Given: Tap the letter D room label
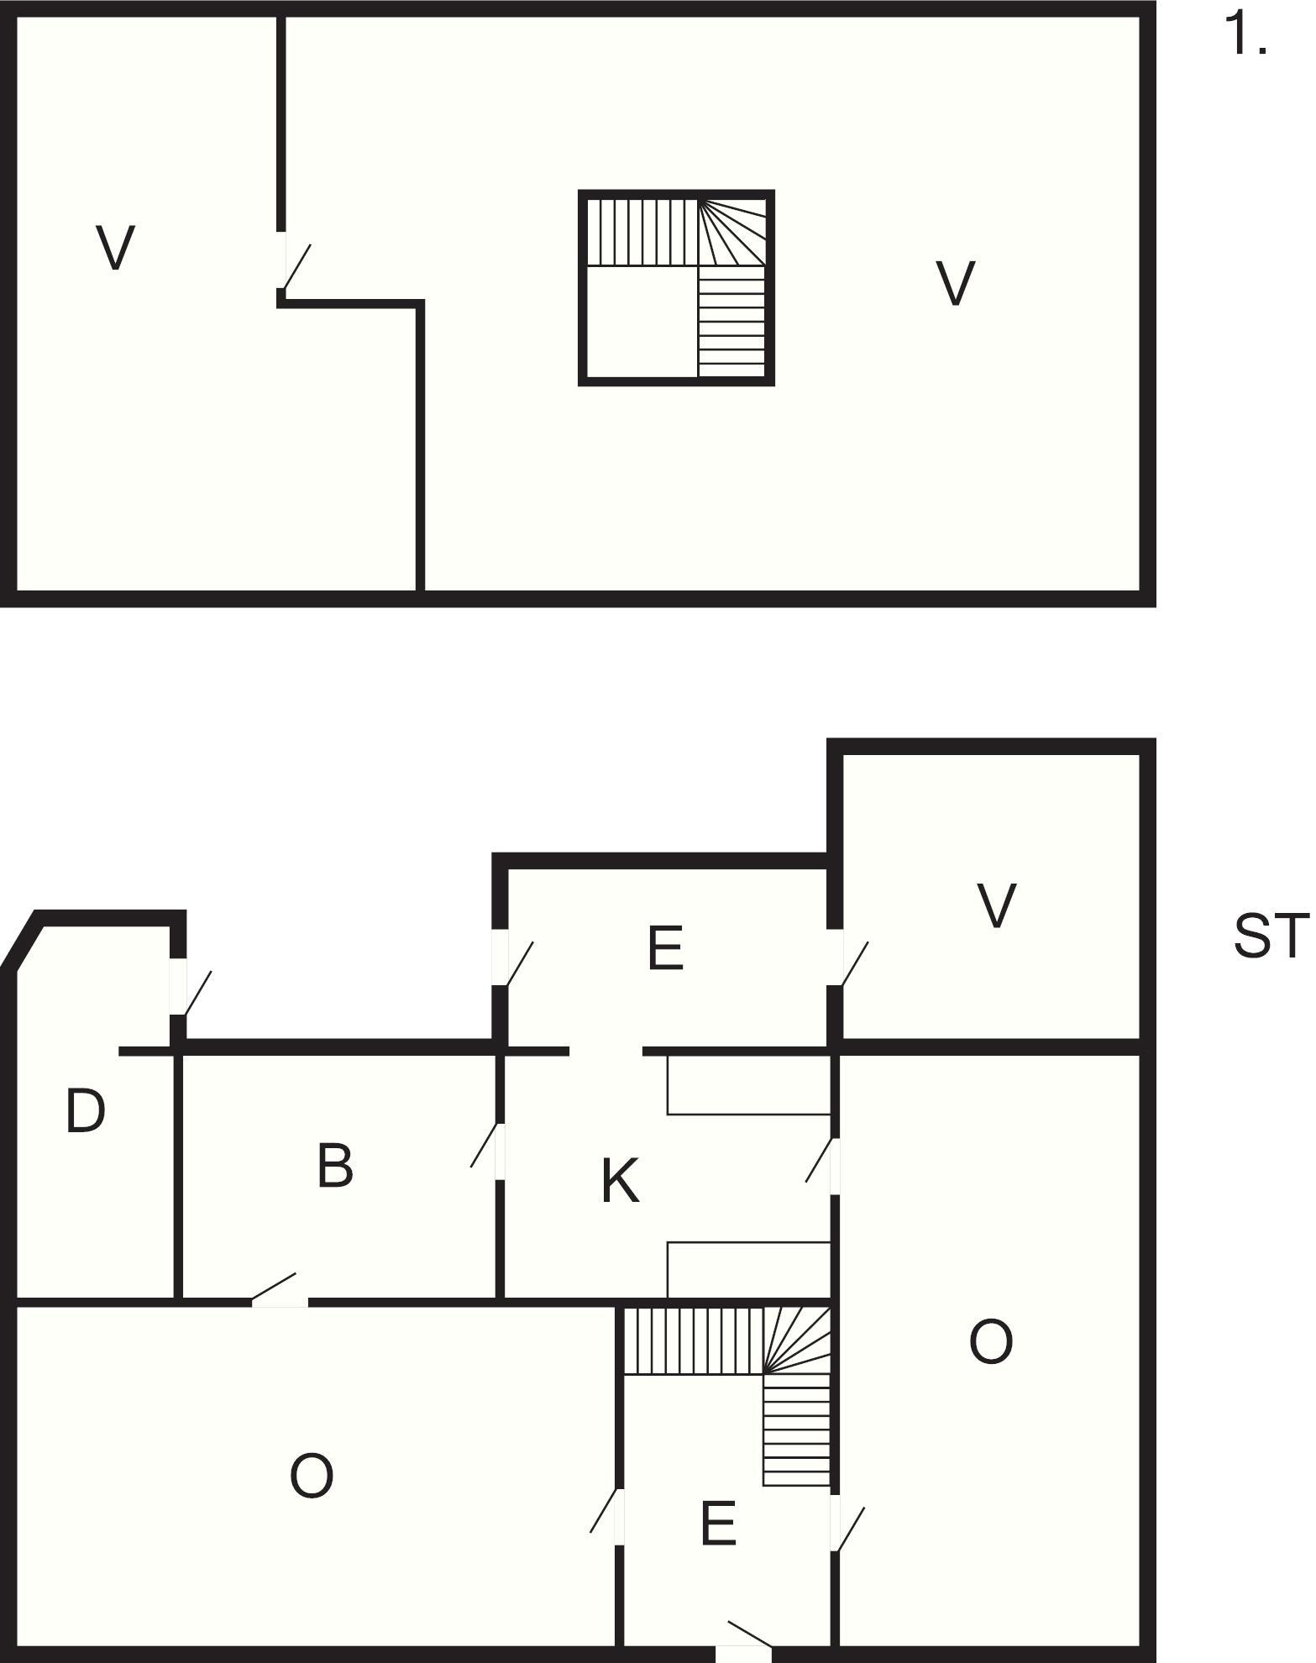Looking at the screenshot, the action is (86, 1111).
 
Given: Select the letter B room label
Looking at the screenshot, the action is (335, 1166).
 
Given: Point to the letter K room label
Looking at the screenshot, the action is (621, 1181).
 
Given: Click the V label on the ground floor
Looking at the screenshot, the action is (996, 906).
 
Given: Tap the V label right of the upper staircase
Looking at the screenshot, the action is (956, 284).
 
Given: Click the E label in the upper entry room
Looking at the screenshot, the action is (666, 947).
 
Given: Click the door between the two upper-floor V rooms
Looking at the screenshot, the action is (294, 265).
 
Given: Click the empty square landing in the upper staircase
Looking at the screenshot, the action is (642, 323).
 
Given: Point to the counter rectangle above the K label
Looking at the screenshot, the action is (749, 1084).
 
